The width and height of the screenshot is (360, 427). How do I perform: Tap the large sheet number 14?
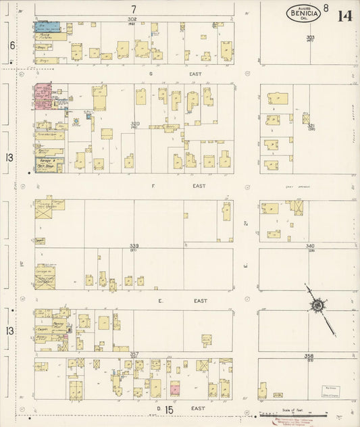click(344, 14)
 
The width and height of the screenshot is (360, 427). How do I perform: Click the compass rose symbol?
click(316, 306)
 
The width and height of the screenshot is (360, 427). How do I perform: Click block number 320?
click(134, 124)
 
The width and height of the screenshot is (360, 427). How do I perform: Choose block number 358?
click(309, 355)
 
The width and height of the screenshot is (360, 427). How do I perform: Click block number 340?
click(310, 246)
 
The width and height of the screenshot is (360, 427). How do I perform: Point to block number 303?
click(310, 38)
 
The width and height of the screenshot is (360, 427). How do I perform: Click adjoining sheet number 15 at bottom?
click(169, 409)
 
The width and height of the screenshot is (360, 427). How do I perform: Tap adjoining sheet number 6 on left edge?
click(11, 45)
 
